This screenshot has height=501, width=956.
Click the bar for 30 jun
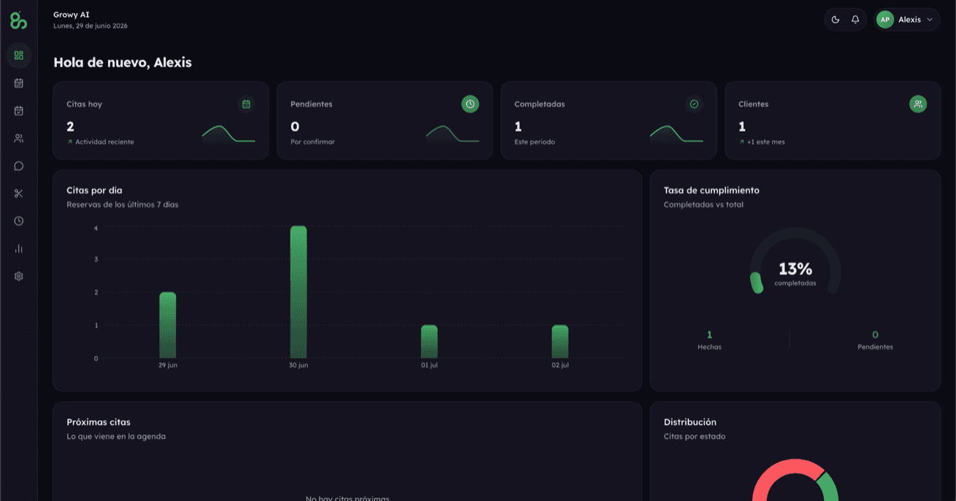tap(298, 292)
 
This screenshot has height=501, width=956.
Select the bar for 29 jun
tap(168, 325)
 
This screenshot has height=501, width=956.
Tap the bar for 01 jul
tap(429, 341)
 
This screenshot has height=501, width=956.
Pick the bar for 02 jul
tap(560, 341)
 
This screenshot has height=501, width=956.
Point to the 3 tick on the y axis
tap(96, 259)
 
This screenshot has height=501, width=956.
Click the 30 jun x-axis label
tap(298, 365)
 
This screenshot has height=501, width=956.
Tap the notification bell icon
tap(855, 20)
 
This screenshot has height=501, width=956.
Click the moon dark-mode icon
tap(835, 20)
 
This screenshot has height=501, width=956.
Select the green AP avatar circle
tap(885, 20)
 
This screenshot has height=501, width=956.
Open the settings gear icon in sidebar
tap(19, 276)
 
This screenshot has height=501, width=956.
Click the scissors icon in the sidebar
tap(19, 193)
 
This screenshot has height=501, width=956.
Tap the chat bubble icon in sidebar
tap(19, 166)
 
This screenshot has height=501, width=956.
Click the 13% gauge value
tap(795, 269)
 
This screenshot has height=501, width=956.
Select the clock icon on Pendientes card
tap(470, 104)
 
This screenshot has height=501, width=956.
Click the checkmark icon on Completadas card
tap(694, 104)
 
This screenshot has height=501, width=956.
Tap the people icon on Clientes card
tap(917, 104)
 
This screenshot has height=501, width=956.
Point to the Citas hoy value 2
tap(70, 127)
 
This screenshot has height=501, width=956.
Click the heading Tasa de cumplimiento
tap(712, 190)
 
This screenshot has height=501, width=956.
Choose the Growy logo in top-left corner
tap(19, 20)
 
